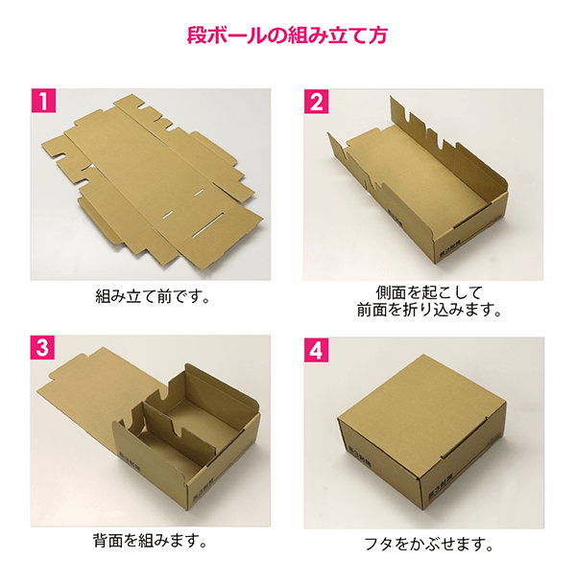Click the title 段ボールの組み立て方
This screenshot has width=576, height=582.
point(288,39)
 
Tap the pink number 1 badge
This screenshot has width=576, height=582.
point(42,100)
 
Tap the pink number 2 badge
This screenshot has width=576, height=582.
point(317,100)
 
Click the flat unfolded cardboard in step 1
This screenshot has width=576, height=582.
point(154,173)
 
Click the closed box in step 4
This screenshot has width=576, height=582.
point(422,441)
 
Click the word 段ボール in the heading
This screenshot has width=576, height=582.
point(220,39)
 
